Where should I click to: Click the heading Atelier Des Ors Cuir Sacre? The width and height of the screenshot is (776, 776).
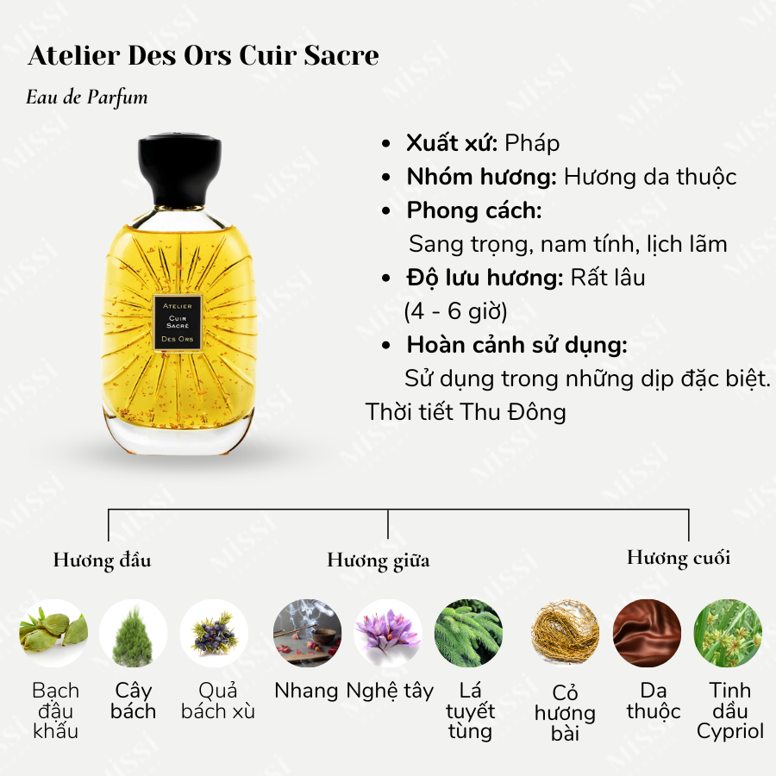203,56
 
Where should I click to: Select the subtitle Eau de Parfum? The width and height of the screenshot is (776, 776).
87,97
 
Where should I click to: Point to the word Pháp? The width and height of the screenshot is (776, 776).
532,142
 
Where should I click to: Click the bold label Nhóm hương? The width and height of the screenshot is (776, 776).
481,177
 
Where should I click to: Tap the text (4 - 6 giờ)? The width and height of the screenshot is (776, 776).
456,310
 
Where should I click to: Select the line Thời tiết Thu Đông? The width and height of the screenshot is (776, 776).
466,411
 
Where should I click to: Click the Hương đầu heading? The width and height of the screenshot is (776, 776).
102,560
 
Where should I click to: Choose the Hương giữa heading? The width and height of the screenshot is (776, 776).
378,560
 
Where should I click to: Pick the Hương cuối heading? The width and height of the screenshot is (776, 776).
678,558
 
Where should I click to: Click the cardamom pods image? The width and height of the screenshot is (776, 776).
53,634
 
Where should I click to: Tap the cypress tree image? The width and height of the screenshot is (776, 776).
134,634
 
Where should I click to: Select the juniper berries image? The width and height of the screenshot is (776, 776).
214,634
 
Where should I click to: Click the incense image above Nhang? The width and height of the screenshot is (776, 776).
306,634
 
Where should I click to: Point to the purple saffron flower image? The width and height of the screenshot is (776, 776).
387,634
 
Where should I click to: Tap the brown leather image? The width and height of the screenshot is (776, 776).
647,634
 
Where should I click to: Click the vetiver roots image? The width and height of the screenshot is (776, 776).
566,634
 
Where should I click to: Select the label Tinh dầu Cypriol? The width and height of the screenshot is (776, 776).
730,711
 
